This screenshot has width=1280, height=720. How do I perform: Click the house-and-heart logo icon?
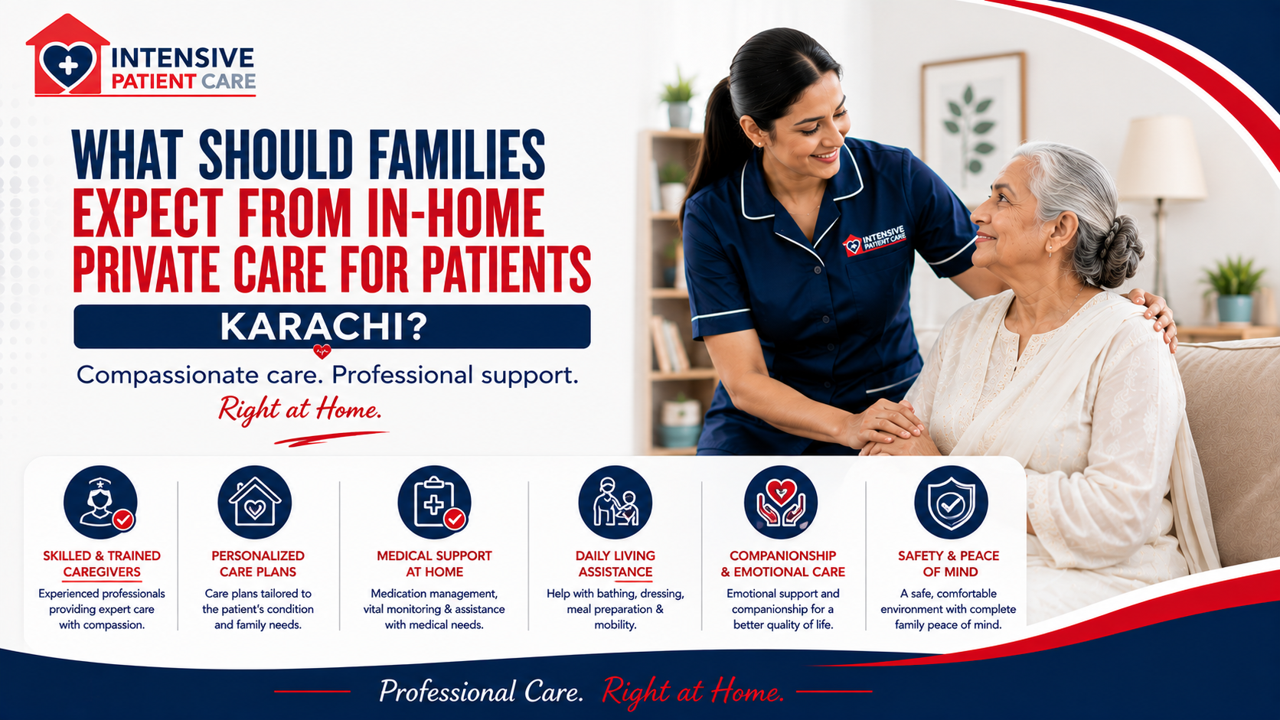coord(67,55)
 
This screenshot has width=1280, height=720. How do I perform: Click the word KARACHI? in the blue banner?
coord(323,327)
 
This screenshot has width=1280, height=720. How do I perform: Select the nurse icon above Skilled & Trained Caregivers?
coord(101,503)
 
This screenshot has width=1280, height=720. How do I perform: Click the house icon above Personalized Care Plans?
coord(255,503)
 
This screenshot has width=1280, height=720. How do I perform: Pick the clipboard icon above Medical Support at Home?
coord(434,503)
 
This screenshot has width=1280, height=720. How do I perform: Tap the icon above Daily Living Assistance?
coord(615,503)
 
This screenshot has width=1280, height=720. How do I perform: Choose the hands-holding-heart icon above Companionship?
coord(781,503)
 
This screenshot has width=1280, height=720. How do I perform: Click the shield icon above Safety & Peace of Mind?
coord(951,503)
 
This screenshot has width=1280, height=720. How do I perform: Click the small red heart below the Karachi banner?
coord(322,350)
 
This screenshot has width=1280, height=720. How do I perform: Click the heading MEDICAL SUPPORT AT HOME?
coord(434,564)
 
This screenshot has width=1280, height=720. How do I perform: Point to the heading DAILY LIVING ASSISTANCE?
coord(616,564)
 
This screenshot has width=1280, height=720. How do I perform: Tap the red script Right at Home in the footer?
coord(693,692)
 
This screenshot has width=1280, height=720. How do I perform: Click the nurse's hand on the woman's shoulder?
coord(1154,317)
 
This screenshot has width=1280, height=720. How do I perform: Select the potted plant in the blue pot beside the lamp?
coord(1234,289)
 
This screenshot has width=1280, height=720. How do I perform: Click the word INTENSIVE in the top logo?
coord(183,58)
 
